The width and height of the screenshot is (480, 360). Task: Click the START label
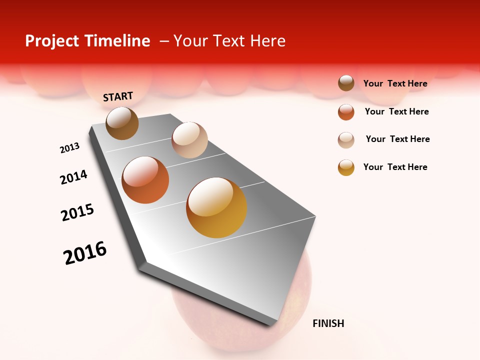coord(118,96)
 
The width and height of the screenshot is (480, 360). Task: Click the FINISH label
coord(328,323)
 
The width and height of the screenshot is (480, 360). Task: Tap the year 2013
coord(69,148)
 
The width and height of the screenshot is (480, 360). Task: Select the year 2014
coord(73,177)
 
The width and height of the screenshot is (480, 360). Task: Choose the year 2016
coord(85,253)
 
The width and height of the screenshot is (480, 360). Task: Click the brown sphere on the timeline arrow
coord(122,123)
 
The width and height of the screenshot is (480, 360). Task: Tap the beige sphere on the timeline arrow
coord(189,140)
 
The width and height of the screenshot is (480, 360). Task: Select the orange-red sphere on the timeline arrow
coord(145,180)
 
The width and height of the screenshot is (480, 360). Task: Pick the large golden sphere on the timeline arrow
coord(216,207)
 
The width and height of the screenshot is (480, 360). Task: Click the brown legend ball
coord(346,83)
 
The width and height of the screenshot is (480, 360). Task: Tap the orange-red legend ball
coord(346,112)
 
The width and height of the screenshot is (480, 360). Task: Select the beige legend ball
coord(346,140)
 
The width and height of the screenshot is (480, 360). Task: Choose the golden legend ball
coord(346,167)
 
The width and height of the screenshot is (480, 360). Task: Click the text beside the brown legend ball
coord(395,83)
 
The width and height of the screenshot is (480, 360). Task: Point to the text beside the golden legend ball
coord(395,167)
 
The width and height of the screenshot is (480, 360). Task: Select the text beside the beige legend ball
coord(397,139)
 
